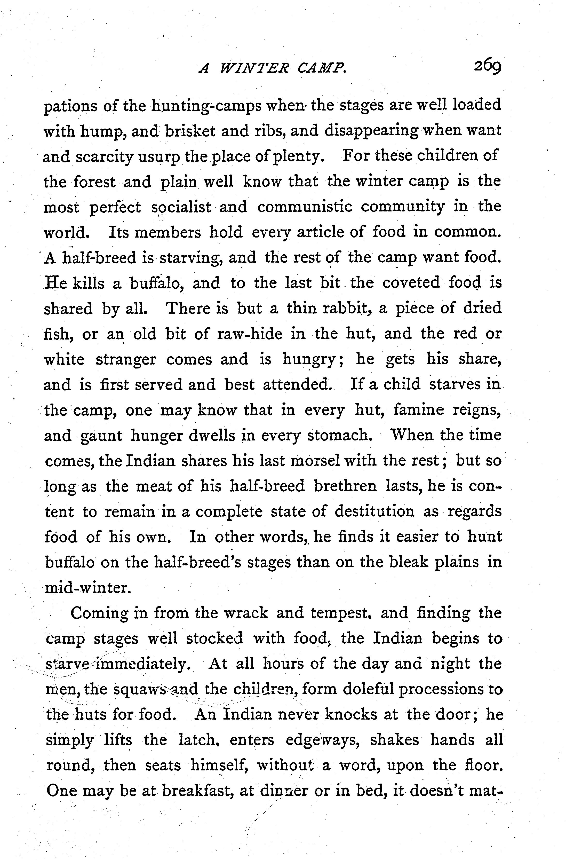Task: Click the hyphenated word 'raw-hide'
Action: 250,334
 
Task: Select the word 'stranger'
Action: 126,360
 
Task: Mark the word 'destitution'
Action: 374,512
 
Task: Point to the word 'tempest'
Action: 341,613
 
